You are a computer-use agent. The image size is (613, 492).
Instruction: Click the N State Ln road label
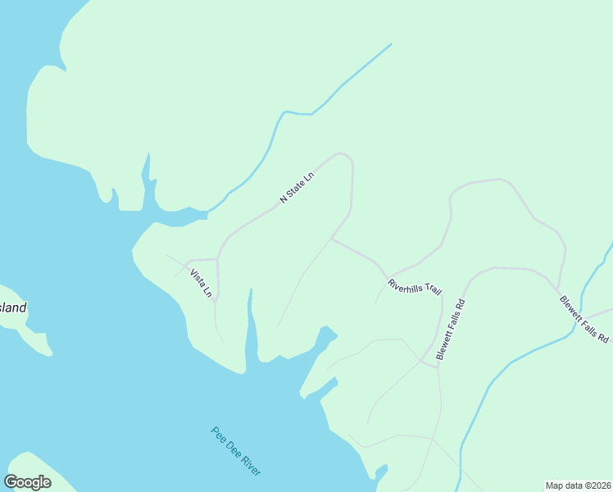(297, 189)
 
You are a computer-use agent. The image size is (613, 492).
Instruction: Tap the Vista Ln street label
(201, 283)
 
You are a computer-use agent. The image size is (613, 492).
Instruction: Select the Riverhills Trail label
(415, 289)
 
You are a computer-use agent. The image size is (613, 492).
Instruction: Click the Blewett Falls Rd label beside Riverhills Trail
(451, 330)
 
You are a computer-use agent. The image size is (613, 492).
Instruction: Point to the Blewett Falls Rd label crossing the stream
(584, 319)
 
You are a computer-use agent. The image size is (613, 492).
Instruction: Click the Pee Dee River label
(236, 451)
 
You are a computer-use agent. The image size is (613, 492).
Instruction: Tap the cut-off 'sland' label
(13, 308)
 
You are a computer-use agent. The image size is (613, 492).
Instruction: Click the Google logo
(27, 482)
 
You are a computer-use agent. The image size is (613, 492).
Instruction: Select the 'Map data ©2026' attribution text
(578, 485)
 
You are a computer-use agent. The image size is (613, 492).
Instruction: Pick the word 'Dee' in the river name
(236, 451)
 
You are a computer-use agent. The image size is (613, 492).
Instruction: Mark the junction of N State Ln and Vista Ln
(217, 259)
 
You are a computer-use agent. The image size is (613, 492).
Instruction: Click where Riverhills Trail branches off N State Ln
(331, 239)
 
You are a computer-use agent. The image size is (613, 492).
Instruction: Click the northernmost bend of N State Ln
(339, 153)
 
